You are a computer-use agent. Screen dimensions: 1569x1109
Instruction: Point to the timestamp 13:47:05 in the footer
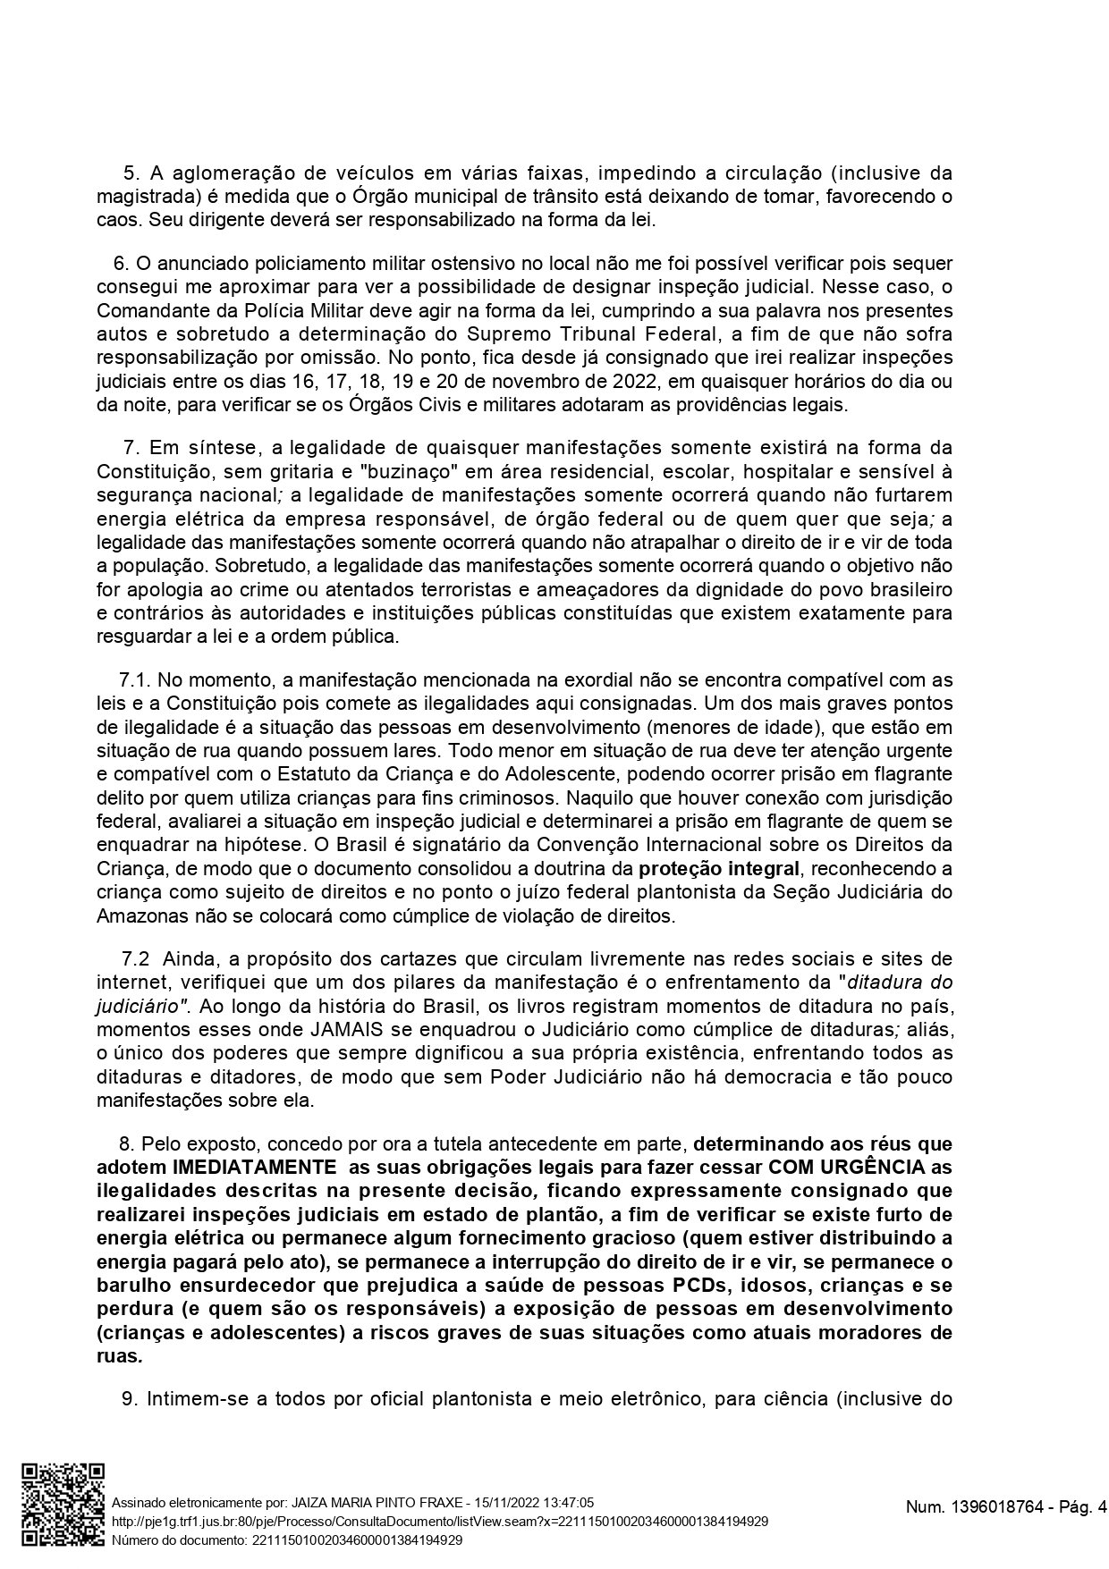(x=568, y=1503)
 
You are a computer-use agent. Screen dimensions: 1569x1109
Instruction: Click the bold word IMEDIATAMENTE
(x=250, y=1167)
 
